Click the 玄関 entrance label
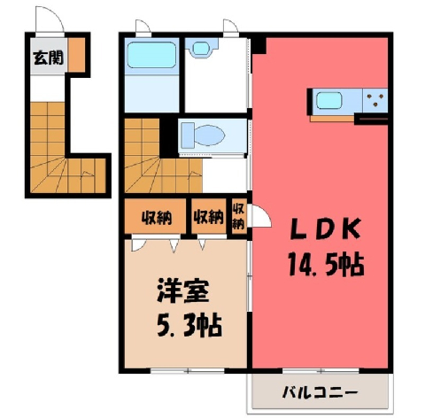coord(48,58)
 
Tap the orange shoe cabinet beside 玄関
coord(77,55)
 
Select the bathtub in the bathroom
coord(151,56)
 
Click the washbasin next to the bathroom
coord(202,47)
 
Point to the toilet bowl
coord(203,135)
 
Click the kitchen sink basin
coord(329,101)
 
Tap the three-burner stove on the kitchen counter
coord(375,100)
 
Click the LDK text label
coord(326,228)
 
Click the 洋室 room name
coord(183,291)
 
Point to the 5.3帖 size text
coord(189,326)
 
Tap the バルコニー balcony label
coord(320,392)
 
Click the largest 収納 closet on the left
coord(156,216)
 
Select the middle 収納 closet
coord(209,216)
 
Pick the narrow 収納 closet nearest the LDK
coord(239,216)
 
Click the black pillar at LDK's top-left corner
coord(259,45)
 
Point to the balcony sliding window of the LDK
coord(321,371)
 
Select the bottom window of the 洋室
coord(188,371)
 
